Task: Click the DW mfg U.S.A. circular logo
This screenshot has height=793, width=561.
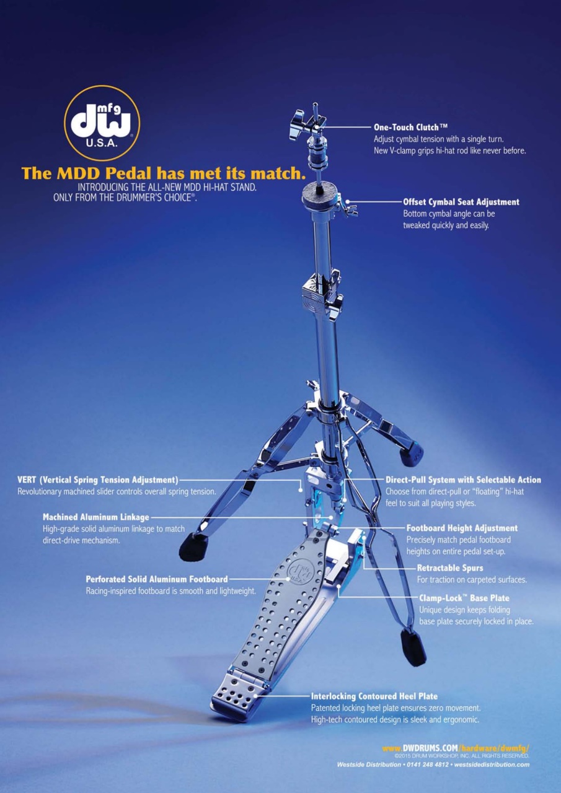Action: tap(102, 123)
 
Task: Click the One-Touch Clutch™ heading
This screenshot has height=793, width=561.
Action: tap(411, 127)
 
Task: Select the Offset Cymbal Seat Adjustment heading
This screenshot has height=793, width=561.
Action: tap(461, 202)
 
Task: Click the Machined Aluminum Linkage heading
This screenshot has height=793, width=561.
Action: tap(96, 517)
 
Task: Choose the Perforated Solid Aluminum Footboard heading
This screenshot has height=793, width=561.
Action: tap(157, 579)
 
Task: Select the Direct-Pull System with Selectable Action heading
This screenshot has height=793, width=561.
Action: tap(463, 480)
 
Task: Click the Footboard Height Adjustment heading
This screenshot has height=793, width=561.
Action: tap(462, 528)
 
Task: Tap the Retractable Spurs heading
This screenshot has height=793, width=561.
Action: tap(450, 568)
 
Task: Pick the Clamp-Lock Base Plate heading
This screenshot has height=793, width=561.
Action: tap(464, 598)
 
